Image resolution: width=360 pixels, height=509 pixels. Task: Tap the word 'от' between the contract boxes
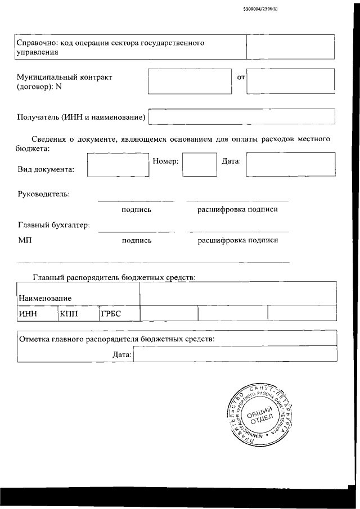point(241,77)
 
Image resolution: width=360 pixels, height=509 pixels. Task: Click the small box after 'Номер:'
point(196,166)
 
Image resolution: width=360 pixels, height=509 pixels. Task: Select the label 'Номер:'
point(165,162)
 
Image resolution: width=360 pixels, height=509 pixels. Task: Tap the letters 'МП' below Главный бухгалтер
point(25,241)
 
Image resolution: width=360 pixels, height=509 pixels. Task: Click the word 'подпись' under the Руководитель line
point(136,210)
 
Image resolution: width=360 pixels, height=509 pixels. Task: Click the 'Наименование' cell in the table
point(45,298)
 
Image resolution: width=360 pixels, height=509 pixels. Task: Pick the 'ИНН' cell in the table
point(28,314)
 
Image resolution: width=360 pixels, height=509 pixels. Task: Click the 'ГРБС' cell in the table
point(111,314)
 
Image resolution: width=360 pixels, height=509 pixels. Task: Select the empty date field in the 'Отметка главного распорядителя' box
point(235,355)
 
